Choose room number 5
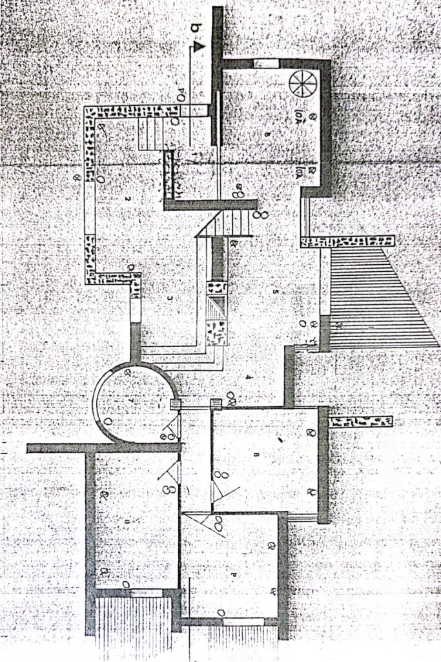click(x=274, y=293)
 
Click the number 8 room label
click(x=257, y=455)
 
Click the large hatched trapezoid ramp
click(x=374, y=297)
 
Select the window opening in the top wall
click(x=265, y=63)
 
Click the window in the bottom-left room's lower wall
click(x=146, y=593)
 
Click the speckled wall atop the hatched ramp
click(x=347, y=241)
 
